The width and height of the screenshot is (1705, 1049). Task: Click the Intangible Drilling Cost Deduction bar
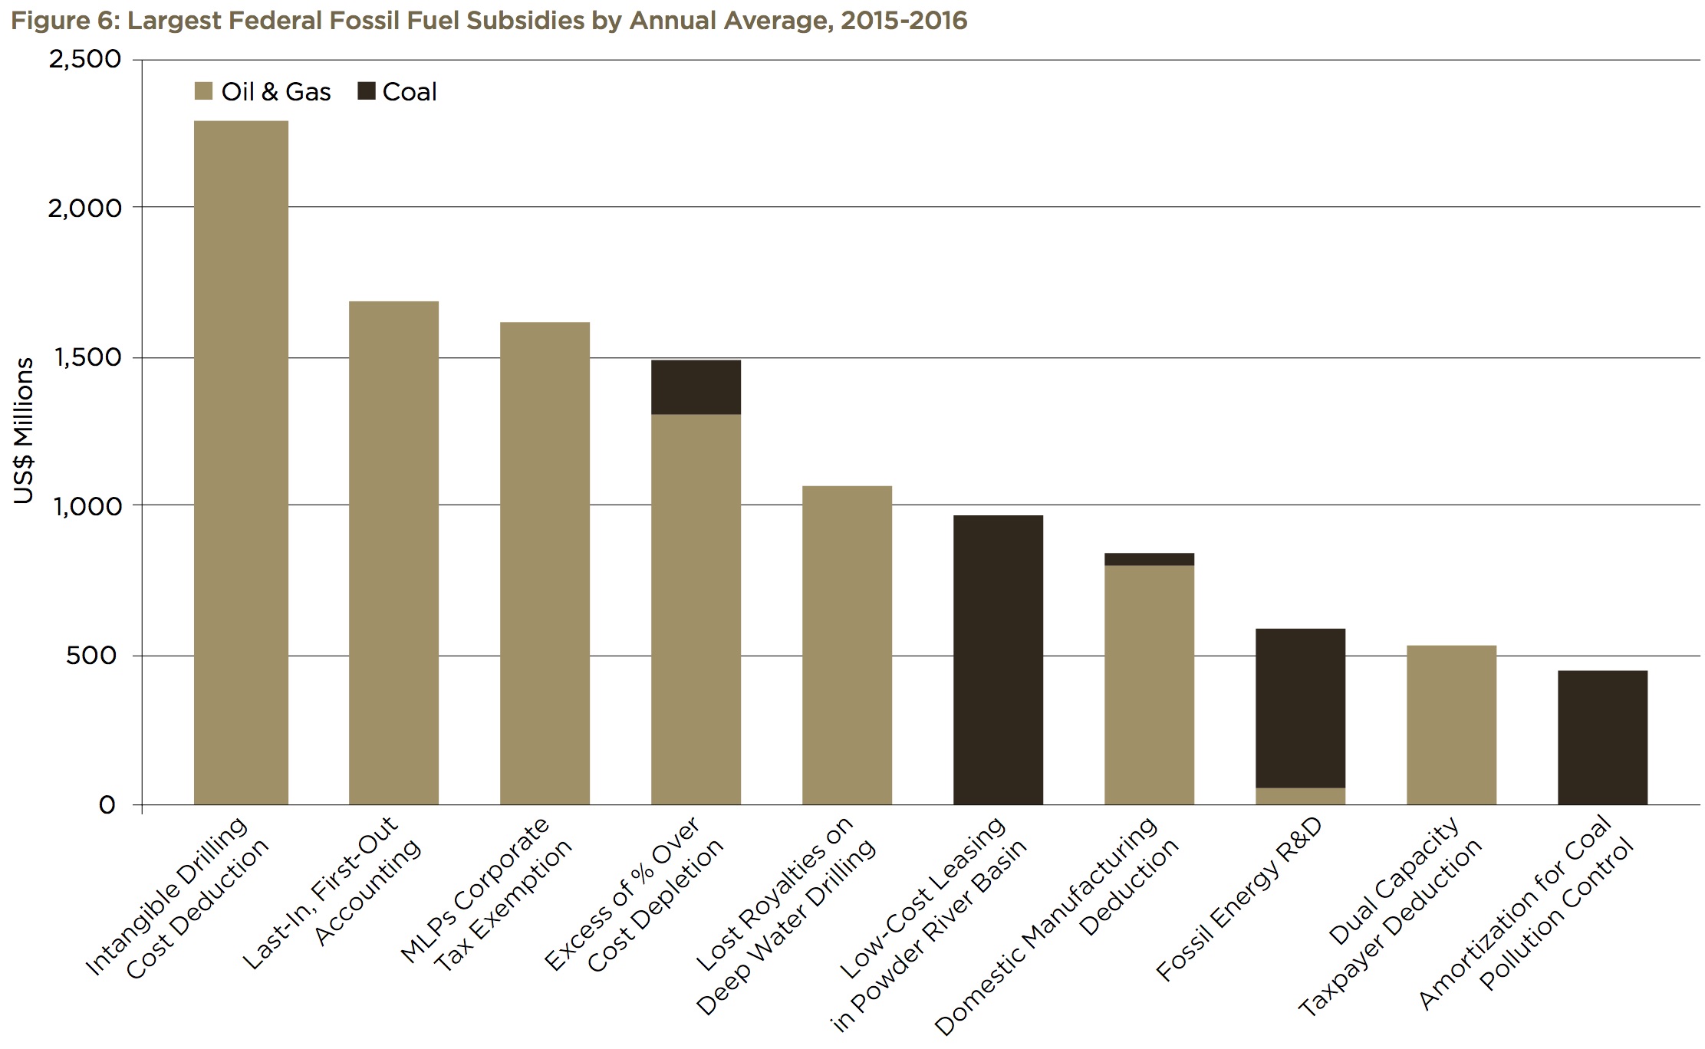coord(241,460)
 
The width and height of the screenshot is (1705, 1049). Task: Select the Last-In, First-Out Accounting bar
coord(393,552)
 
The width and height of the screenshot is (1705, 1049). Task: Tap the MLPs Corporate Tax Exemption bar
coord(545,564)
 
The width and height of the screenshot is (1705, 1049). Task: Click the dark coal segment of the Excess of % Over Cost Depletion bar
coord(696,387)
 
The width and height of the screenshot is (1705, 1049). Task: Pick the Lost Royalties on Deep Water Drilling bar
coord(847,644)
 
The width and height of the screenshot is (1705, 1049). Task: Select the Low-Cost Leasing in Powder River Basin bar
coord(998,659)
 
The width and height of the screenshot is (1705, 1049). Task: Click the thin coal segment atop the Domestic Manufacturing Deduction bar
coord(1149,559)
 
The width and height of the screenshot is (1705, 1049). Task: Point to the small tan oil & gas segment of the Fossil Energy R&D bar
coord(1300,796)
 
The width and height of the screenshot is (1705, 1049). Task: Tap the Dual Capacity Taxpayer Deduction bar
coord(1451,725)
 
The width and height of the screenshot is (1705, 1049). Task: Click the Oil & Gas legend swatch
coord(203,92)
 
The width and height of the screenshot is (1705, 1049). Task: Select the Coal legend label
coord(410,92)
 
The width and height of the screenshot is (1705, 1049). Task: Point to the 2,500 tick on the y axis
coord(84,59)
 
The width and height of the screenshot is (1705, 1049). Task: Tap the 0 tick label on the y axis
coord(107,805)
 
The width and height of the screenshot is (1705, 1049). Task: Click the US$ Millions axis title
coord(24,431)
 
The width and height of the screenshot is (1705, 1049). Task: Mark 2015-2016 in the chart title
coord(903,20)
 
